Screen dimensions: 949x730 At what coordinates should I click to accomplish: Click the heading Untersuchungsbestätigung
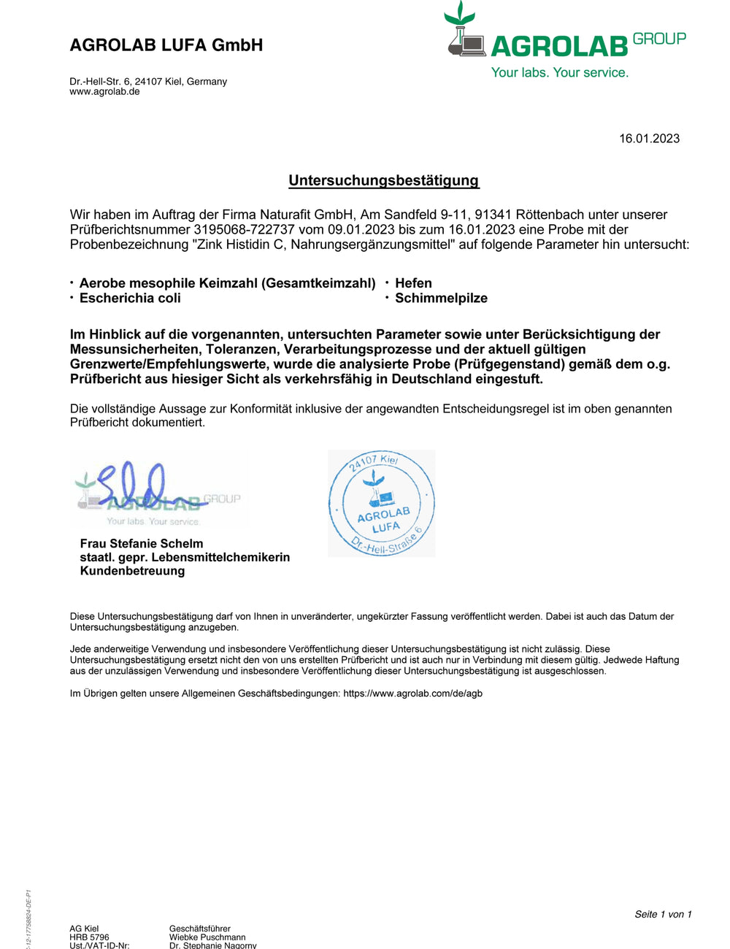384,180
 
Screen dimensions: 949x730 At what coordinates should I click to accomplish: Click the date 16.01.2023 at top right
649,139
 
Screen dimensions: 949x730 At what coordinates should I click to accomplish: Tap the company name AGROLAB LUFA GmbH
166,45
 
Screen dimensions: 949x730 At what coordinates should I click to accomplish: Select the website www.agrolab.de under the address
104,92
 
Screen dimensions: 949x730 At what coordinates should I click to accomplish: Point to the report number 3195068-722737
244,229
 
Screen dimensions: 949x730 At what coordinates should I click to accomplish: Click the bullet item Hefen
413,283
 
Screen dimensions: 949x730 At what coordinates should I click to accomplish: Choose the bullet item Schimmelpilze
441,298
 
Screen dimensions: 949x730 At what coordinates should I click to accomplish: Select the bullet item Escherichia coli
130,298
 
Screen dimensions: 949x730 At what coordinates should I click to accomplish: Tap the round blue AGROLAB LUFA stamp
382,504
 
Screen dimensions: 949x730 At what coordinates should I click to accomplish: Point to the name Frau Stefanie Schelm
142,543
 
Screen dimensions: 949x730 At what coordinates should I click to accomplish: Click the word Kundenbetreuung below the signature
132,571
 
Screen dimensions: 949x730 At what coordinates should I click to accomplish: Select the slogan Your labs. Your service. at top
559,72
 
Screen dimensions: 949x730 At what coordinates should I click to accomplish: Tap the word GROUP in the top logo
659,39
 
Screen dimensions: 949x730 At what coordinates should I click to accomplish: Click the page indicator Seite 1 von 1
663,914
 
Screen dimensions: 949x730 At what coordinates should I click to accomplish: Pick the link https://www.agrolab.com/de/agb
412,693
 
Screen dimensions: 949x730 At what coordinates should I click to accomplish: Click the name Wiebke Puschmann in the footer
207,937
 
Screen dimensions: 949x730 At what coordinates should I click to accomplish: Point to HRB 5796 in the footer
89,937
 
